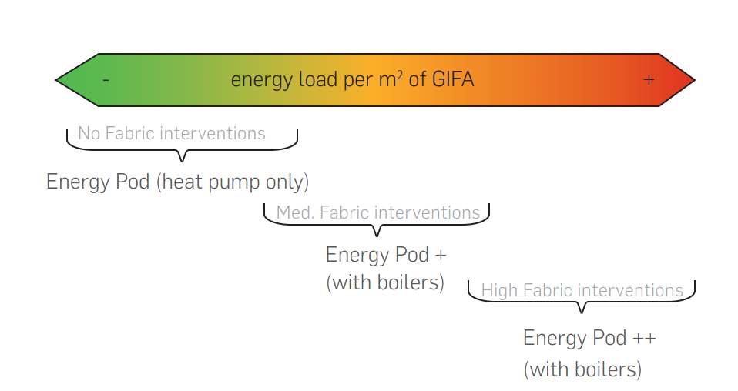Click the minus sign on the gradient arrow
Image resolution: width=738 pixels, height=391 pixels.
point(106,81)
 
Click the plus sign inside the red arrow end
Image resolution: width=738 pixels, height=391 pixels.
point(649,80)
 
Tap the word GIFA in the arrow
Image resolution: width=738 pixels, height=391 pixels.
point(453,79)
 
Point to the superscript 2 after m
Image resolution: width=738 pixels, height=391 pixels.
point(400,75)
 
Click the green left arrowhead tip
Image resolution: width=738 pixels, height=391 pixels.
point(55,80)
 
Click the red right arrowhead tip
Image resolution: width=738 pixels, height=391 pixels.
point(695,80)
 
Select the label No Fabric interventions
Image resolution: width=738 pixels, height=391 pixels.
point(172,133)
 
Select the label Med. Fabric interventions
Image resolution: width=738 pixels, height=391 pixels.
point(378,212)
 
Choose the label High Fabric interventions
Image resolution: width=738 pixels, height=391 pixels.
point(582,290)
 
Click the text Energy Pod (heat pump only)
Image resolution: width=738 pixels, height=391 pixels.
point(177,182)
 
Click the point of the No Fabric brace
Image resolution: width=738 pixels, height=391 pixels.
point(182,162)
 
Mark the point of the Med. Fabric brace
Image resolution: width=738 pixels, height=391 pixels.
point(377,236)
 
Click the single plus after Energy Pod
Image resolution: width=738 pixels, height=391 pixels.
point(441,256)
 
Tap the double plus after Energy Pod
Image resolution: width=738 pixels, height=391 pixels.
point(644,339)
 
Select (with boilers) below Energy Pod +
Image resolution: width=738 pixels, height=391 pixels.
point(385,282)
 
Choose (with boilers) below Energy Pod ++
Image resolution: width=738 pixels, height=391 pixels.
point(582,369)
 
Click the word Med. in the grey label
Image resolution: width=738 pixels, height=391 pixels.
point(296,212)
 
